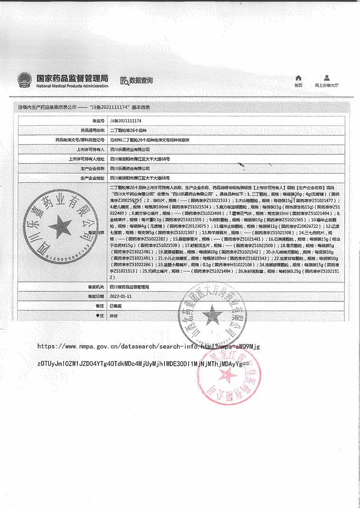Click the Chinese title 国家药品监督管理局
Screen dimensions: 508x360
(72, 78)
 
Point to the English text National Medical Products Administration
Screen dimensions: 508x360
(72, 86)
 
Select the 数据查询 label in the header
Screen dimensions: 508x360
(141, 81)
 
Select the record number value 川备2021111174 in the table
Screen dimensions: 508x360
(126, 121)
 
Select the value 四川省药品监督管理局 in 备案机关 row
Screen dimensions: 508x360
(129, 287)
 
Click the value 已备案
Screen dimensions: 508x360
(116, 306)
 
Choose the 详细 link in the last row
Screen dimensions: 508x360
(114, 315)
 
